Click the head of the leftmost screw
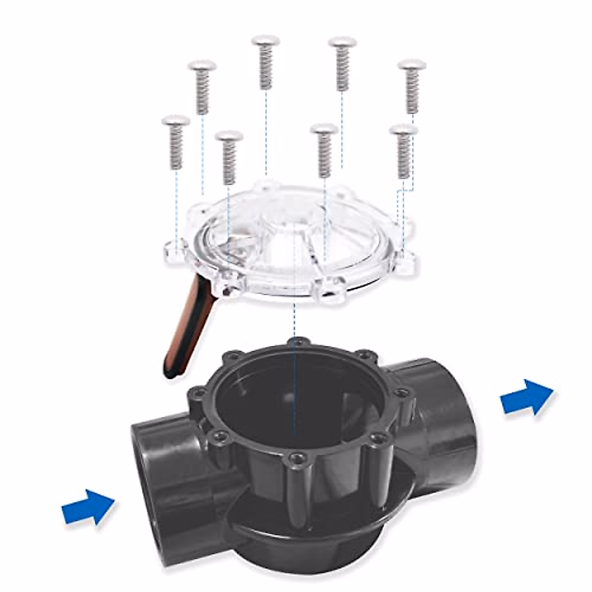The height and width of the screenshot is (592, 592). [176, 120]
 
